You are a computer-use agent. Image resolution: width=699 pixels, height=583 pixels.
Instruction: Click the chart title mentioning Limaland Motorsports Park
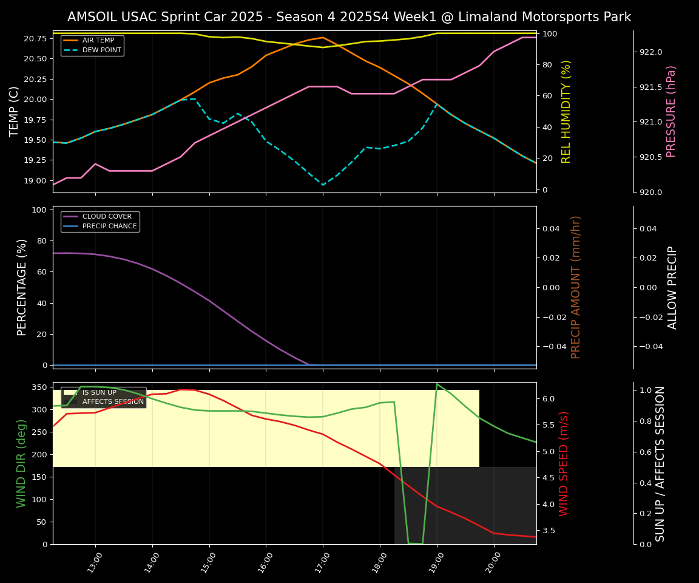[x=349, y=17]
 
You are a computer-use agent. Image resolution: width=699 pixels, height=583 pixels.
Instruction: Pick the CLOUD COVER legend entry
[x=107, y=217]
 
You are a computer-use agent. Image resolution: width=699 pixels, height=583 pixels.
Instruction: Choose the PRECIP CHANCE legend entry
[x=109, y=227]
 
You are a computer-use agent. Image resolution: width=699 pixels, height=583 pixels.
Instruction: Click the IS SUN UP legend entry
[x=99, y=393]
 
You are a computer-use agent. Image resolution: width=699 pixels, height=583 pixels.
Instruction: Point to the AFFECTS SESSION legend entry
[x=113, y=401]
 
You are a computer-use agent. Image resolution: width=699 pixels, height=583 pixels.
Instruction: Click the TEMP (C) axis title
[x=15, y=111]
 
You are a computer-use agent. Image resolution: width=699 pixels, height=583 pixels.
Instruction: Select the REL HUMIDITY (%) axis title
[x=566, y=111]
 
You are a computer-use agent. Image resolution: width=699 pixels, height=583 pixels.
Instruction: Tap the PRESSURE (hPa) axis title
[x=671, y=111]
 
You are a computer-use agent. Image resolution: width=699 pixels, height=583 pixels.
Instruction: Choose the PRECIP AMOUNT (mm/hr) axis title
[x=576, y=287]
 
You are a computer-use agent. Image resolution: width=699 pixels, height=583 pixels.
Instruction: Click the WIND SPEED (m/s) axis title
[x=564, y=463]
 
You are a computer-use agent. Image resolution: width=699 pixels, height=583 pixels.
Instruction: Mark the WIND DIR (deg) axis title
[x=22, y=463]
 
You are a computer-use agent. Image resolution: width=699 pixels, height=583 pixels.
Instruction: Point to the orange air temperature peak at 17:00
[x=323, y=37]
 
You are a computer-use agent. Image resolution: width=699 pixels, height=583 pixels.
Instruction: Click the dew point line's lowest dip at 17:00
[x=323, y=185]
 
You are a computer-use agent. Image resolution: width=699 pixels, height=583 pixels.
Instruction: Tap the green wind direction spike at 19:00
[x=437, y=384]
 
